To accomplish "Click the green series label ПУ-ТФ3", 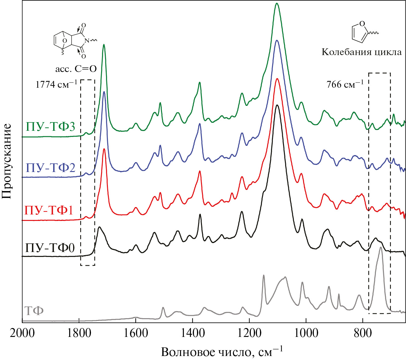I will coord(50,127).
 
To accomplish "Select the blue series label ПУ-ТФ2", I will coord(50,168).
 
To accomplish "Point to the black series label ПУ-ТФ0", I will coord(50,248).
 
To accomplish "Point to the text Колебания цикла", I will coord(361,52).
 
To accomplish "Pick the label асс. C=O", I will coord(76,69).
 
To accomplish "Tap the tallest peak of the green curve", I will coord(277,4).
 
